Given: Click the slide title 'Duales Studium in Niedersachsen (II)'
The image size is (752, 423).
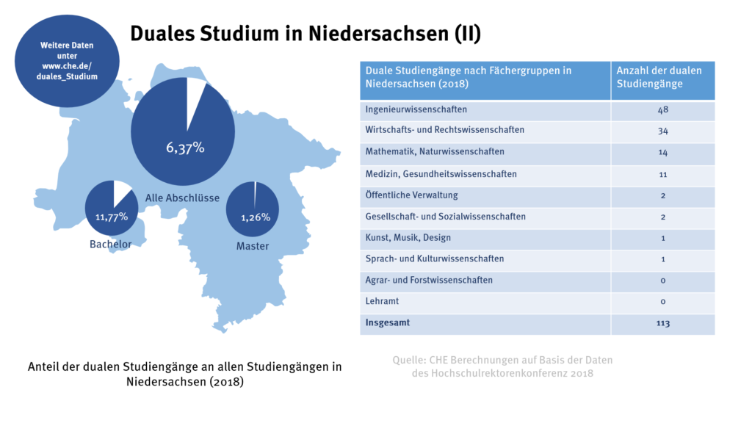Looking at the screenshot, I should point(305,34).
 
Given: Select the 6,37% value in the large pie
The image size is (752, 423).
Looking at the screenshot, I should point(184,148).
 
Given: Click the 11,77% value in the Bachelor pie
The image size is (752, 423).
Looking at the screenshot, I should point(112,217).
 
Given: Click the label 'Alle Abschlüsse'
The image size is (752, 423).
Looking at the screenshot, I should point(182,198).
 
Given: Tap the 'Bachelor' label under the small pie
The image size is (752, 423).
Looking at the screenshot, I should point(110,244).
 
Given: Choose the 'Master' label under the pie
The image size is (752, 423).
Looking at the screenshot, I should point(252,246).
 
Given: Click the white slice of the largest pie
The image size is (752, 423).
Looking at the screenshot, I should point(195,94).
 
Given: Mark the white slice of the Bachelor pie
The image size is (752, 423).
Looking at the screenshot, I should point(122,192).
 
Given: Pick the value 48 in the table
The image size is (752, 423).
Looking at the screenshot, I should point(662,110).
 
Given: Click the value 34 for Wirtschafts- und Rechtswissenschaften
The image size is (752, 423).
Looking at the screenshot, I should point(662,131).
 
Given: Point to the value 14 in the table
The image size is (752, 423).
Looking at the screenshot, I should point(662,153).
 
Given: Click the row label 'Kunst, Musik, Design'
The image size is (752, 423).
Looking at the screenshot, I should point(408,238).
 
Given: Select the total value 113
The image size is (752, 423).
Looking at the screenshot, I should point(662,323).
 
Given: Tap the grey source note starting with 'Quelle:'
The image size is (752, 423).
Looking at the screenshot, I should point(502,366).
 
